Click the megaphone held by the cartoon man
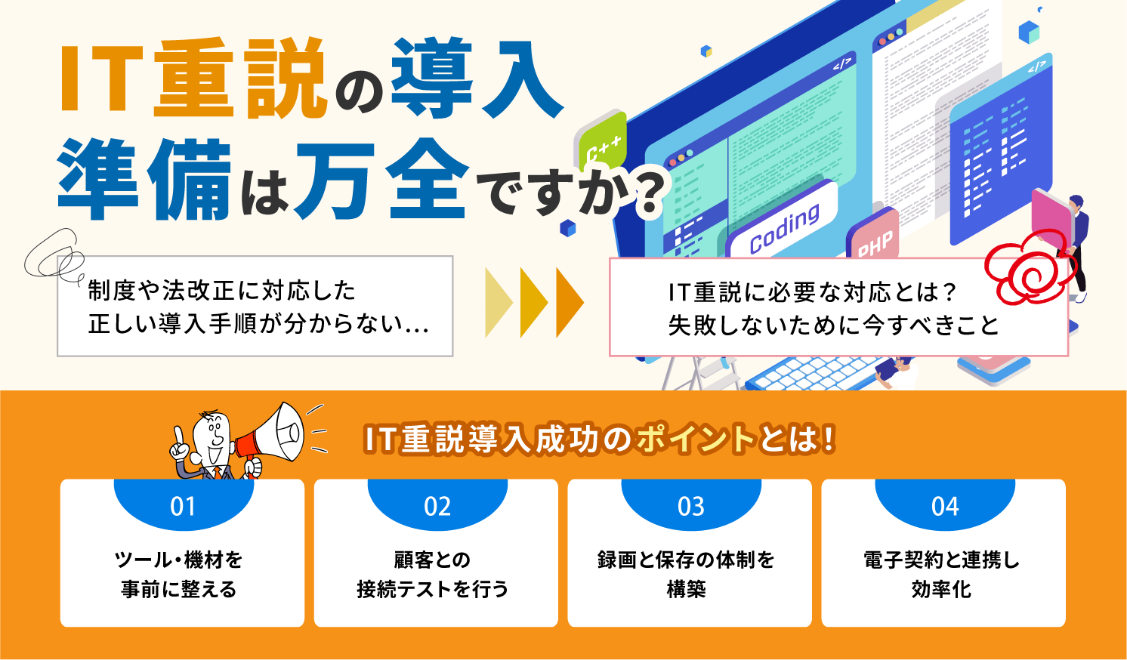272,435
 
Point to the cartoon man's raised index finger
178,435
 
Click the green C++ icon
602,143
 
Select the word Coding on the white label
784,228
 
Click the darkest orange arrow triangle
570,302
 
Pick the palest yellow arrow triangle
499,302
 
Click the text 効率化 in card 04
941,589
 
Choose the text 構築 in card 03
687,589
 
